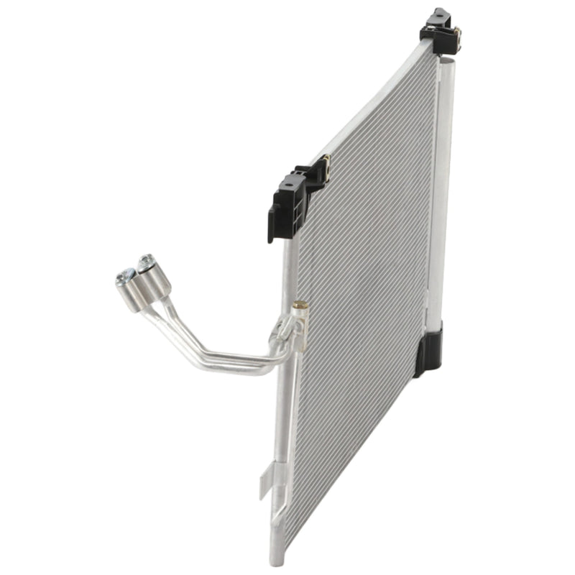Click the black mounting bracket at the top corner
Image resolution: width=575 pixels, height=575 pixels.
[x=440, y=32]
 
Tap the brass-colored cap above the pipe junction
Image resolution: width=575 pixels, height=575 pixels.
[x=300, y=306]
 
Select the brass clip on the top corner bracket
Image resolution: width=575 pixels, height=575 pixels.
[x=455, y=32]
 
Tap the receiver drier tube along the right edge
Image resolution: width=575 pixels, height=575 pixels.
[x=439, y=194]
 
